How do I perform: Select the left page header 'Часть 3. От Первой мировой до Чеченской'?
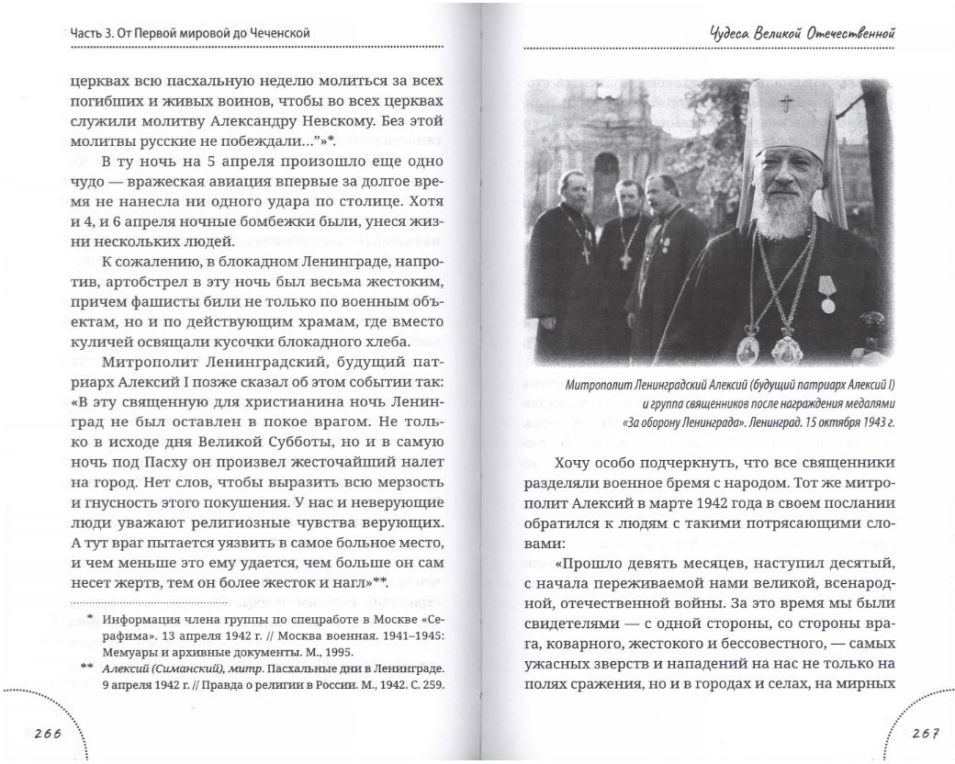(x=189, y=34)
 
